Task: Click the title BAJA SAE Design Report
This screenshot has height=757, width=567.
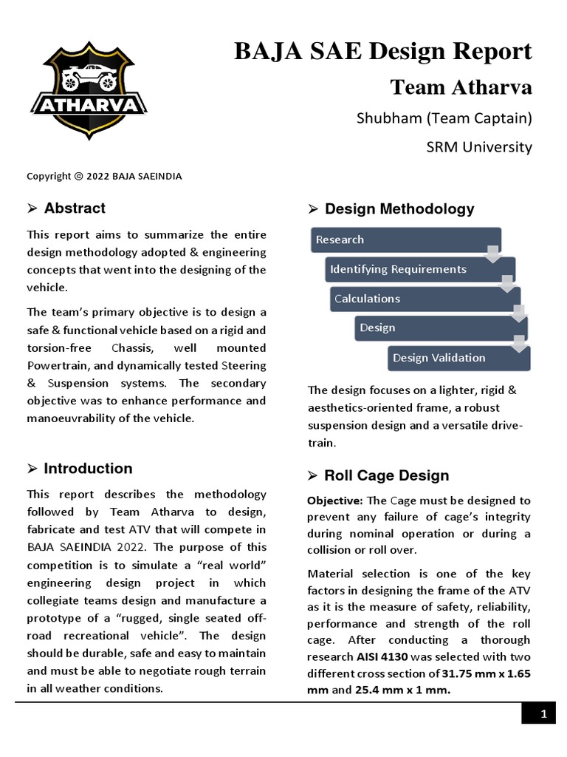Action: (382, 51)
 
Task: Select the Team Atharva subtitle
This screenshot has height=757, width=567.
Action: (461, 86)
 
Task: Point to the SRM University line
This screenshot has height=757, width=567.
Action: (479, 146)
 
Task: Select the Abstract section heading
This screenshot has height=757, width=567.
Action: (74, 208)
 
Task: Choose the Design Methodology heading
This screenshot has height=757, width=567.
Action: (399, 209)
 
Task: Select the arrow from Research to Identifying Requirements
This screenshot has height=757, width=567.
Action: (492, 254)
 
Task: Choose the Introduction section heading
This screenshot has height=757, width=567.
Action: (88, 469)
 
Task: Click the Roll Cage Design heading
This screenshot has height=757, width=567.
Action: (386, 475)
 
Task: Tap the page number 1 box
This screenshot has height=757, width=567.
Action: (543, 714)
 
